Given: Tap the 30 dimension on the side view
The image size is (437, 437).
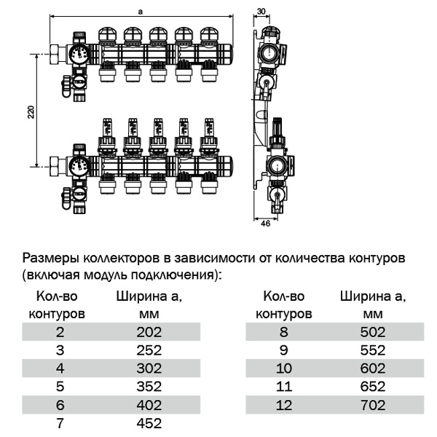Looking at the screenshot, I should pos(262,11).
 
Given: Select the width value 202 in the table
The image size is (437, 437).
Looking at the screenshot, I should pos(148,332).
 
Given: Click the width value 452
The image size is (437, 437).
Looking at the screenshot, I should pos(148,423).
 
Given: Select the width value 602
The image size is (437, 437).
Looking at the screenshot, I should pos(372,369).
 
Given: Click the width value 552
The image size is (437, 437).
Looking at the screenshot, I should pos(372,350).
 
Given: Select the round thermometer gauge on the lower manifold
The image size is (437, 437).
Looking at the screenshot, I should pos(79,165).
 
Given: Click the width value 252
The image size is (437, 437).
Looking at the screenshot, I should pos(148,350).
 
